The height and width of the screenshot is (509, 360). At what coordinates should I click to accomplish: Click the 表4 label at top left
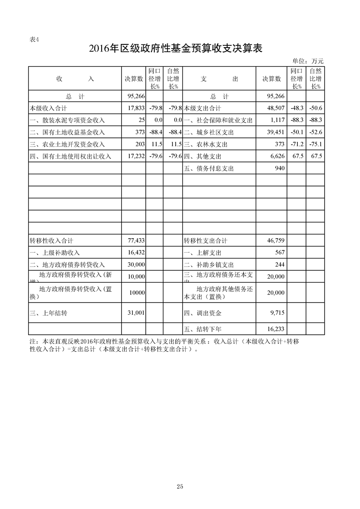(34, 39)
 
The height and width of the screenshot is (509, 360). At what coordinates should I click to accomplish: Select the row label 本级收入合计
(48, 108)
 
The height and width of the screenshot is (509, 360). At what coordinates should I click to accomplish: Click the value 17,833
(137, 108)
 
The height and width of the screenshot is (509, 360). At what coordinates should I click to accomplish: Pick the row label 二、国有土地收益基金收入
(67, 132)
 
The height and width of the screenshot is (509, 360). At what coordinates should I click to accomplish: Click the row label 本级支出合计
(202, 108)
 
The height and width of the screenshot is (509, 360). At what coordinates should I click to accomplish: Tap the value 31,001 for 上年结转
(137, 313)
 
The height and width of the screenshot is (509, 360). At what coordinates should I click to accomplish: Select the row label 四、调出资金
(202, 313)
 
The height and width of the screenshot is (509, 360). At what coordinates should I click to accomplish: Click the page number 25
(180, 487)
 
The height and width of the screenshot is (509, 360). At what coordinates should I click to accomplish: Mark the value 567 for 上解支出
(280, 253)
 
